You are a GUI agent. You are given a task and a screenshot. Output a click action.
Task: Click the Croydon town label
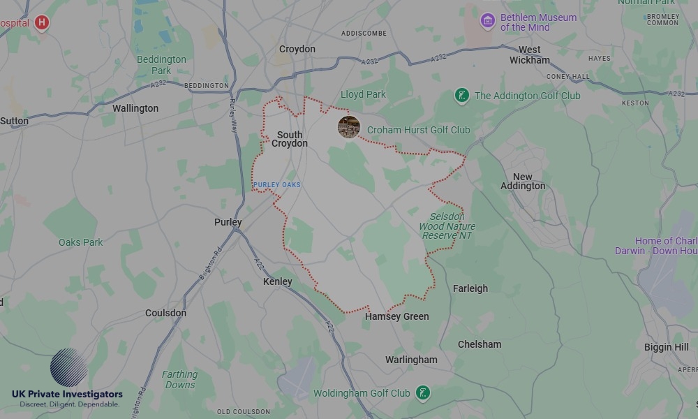(297, 49)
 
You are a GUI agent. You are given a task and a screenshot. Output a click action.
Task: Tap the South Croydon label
(290, 139)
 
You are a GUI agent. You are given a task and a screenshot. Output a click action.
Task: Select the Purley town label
(228, 222)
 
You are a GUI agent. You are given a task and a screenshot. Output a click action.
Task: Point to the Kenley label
(277, 281)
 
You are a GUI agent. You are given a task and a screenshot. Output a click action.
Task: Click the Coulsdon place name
(165, 313)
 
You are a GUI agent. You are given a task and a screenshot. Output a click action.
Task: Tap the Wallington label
(135, 108)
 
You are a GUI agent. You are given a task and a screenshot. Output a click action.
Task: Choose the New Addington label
(523, 182)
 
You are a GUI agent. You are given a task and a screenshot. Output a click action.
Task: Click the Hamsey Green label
(396, 316)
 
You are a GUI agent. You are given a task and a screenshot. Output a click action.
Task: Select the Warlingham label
(411, 360)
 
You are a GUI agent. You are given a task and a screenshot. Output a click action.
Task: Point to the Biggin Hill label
(666, 347)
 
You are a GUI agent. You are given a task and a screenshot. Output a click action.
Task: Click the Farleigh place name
(470, 288)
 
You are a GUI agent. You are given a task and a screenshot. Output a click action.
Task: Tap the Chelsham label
(480, 344)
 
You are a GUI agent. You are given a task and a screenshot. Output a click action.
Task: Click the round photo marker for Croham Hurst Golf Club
(349, 127)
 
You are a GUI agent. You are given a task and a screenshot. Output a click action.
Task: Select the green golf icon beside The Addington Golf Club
(461, 96)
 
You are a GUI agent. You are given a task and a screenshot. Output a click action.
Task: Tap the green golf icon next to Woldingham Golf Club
(422, 393)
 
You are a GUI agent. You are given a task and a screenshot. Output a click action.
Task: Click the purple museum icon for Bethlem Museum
(488, 21)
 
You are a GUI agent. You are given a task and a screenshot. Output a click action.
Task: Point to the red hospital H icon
(42, 23)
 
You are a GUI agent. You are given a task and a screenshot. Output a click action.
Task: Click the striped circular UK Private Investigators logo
(68, 367)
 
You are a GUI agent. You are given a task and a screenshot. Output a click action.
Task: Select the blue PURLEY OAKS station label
(277, 184)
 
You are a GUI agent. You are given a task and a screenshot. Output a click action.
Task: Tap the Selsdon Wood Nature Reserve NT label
(447, 226)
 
